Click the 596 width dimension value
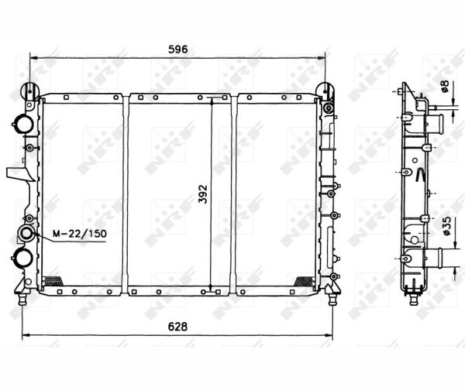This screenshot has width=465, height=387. pyautogui.click(x=178, y=50)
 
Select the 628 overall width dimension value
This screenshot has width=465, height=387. pyautogui.click(x=177, y=327)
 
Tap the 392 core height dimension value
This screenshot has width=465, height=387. pyautogui.click(x=203, y=194)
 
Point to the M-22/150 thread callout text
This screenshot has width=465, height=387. pyautogui.click(x=80, y=234)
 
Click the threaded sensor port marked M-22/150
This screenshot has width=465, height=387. pyautogui.click(x=26, y=233)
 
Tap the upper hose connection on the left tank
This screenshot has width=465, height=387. pyautogui.click(x=22, y=124)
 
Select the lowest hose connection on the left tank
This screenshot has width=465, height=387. pyautogui.click(x=22, y=258)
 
